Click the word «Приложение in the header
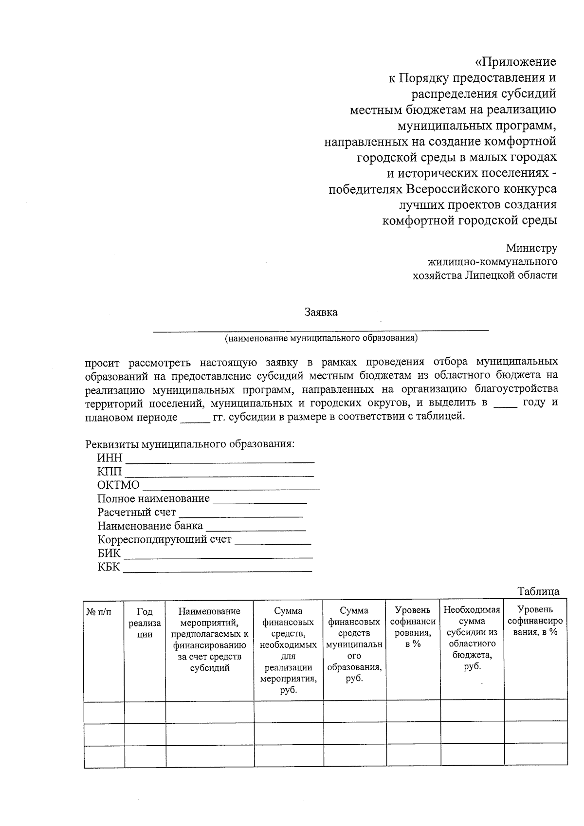point(515,62)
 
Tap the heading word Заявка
point(321,312)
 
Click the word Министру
point(531,248)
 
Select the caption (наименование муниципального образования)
point(321,338)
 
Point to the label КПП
point(109,472)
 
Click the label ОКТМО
point(118,485)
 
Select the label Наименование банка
point(150,526)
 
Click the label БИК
point(109,553)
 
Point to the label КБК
point(109,567)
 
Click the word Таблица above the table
point(538,591)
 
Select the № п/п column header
point(99,612)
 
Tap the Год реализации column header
point(145,623)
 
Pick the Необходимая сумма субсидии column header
point(472,638)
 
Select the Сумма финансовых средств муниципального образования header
point(354,644)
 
